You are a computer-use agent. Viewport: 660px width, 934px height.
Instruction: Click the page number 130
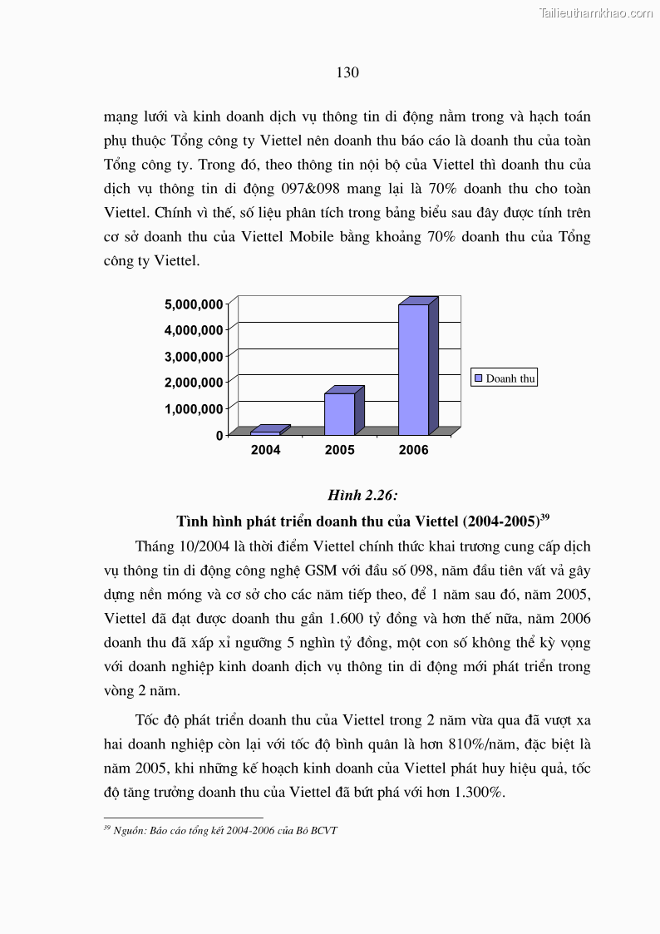[x=347, y=72]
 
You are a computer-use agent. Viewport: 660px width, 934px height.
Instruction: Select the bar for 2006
[x=413, y=369]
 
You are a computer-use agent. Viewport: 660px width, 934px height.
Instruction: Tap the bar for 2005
[x=339, y=413]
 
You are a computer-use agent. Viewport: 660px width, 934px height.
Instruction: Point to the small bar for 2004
[x=265, y=432]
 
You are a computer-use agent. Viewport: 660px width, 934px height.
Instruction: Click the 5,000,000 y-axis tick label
[x=194, y=304]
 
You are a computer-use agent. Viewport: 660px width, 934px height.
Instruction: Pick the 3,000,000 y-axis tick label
[x=194, y=356]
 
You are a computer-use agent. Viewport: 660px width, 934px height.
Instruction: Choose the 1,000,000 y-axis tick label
[x=194, y=408]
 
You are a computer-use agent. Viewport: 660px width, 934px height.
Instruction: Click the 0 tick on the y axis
[x=219, y=435]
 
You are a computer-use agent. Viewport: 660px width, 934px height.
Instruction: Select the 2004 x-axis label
[x=265, y=450]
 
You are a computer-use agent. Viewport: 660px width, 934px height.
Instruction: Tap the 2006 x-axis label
[x=413, y=450]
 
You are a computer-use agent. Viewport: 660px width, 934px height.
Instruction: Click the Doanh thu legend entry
[x=505, y=378]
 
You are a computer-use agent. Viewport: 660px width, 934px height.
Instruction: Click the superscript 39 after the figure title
[x=544, y=517]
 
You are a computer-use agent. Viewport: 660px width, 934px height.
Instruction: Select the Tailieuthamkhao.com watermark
[x=596, y=12]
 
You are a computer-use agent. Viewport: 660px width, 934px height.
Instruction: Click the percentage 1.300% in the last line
[x=478, y=792]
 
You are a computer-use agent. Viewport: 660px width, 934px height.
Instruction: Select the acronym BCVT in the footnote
[x=324, y=830]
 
